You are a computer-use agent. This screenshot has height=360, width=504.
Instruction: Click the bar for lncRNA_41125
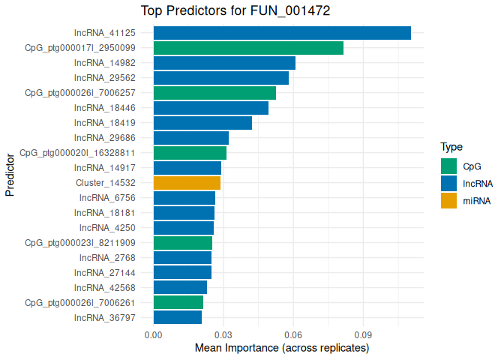click(282, 33)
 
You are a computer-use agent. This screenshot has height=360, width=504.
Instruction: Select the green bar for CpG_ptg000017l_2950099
click(248, 48)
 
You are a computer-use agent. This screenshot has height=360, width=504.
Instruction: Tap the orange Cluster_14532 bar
click(187, 183)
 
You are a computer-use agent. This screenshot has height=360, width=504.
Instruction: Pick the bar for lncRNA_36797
click(178, 318)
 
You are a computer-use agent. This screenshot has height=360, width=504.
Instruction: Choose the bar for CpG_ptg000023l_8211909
click(183, 243)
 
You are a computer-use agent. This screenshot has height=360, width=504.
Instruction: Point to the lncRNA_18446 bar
click(211, 108)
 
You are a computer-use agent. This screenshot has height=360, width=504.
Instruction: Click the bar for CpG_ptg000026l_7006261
click(178, 303)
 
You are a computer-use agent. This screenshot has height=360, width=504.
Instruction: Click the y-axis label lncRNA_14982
click(105, 63)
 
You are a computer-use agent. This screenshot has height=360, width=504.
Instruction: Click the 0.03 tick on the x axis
click(223, 334)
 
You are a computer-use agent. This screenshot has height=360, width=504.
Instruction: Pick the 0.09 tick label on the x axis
click(364, 334)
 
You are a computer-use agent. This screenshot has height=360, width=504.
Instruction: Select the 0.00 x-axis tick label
click(154, 334)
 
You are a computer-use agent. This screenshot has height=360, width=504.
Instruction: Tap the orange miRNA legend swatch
click(448, 200)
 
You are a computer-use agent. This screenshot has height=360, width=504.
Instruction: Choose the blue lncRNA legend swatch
click(448, 183)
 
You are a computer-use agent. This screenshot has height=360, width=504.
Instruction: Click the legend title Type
click(451, 147)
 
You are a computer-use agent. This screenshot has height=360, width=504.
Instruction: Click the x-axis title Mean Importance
click(282, 349)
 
